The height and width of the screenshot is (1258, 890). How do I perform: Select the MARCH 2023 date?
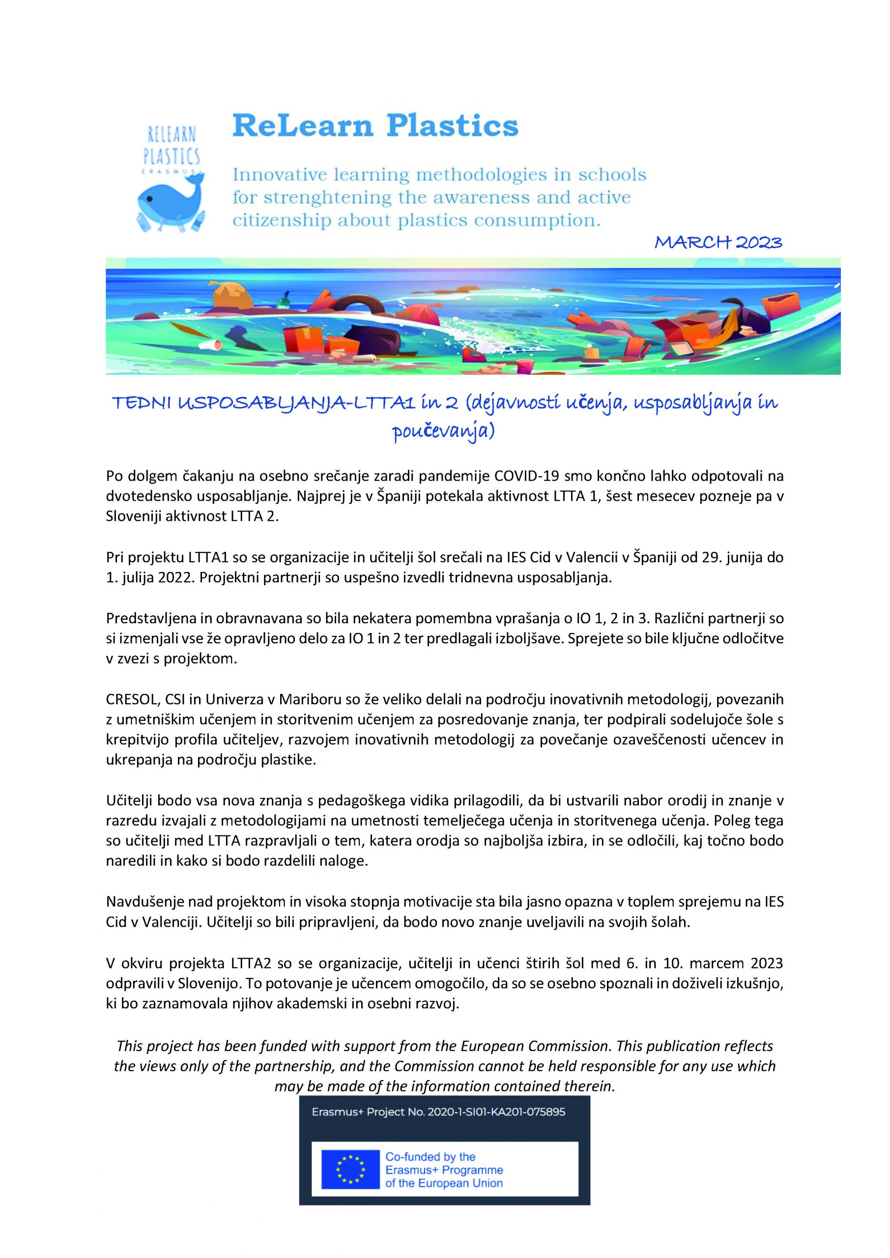[718, 242]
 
